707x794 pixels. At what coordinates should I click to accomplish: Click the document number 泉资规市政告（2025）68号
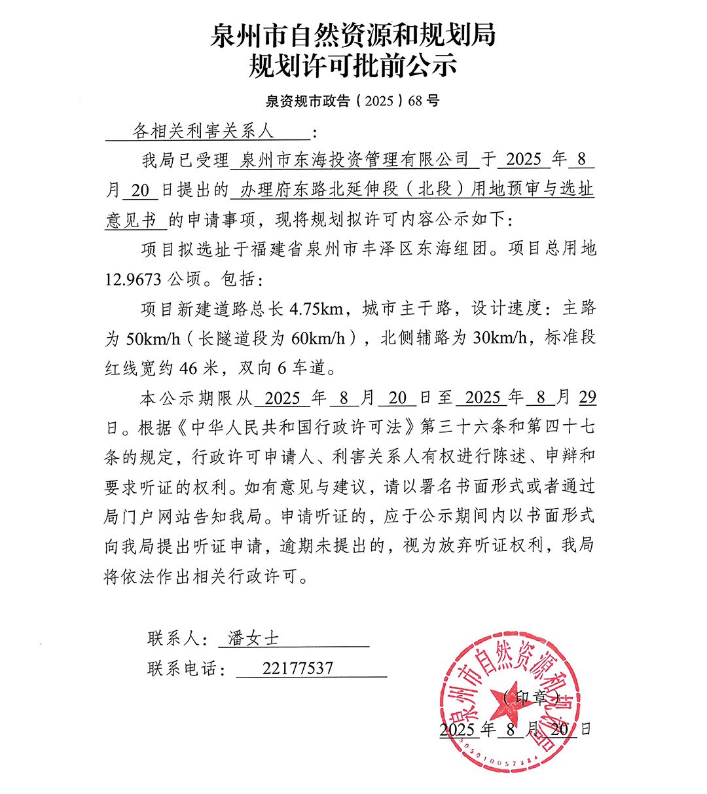point(353,101)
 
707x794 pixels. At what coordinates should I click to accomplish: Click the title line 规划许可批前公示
point(353,66)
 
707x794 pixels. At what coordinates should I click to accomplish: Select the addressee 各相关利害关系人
point(204,132)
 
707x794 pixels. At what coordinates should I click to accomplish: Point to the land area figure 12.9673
point(133,280)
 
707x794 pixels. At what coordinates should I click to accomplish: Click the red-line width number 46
point(188,369)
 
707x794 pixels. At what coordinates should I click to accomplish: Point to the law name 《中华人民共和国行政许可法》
point(294,427)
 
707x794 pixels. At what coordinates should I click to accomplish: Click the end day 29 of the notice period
point(587,398)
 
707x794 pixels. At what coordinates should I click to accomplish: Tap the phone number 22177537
point(297,668)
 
